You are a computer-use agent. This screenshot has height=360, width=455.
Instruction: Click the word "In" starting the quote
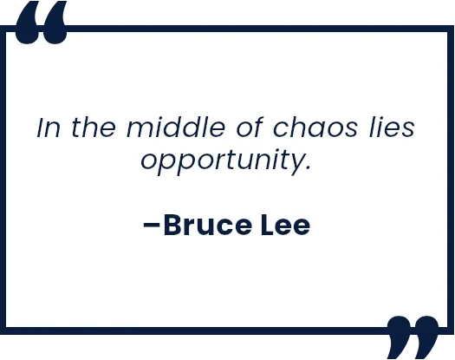[x=49, y=127]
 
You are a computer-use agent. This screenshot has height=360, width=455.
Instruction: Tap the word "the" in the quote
[x=94, y=127]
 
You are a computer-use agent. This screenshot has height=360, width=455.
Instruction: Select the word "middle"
[x=176, y=127]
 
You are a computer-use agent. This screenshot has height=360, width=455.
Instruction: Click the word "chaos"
[x=315, y=127]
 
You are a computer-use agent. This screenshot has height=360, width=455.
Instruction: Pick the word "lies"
[x=392, y=127]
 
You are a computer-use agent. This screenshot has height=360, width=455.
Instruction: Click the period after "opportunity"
[x=309, y=167]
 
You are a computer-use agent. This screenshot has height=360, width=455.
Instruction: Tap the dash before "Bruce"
[x=152, y=225]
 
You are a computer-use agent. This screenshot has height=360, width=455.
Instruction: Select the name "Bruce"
[x=208, y=225]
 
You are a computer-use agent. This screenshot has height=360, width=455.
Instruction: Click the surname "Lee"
[x=285, y=225]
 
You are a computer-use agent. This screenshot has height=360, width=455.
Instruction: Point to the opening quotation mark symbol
[x=42, y=23]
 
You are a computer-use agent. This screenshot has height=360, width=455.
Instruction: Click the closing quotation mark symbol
[x=413, y=337]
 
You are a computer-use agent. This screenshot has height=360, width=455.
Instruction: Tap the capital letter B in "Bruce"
[x=173, y=225]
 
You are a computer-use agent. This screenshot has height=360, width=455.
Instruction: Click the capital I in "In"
[x=41, y=128]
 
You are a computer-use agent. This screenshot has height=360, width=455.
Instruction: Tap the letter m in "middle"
[x=140, y=129]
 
